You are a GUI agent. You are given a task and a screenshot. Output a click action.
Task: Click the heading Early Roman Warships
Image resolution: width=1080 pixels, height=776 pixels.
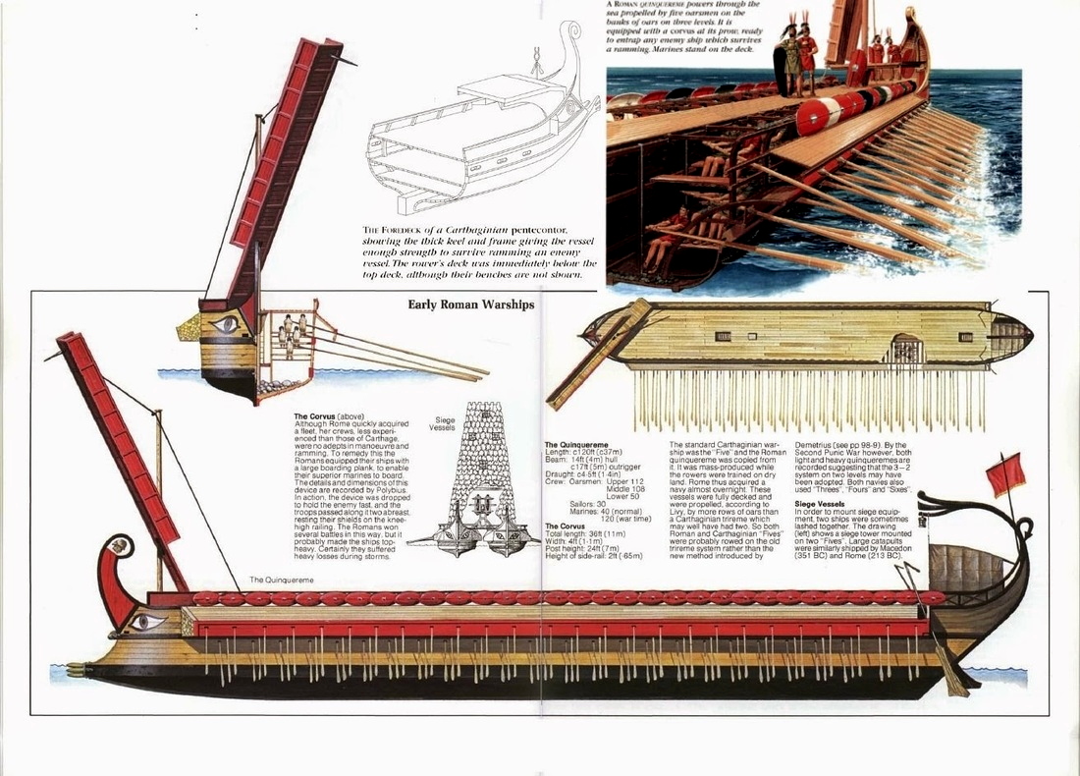coord(471,305)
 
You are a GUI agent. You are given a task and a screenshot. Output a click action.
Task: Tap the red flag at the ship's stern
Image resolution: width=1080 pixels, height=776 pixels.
coord(1005,475)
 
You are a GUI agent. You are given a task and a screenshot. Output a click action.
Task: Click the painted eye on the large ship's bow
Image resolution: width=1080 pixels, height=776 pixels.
coord(146,620)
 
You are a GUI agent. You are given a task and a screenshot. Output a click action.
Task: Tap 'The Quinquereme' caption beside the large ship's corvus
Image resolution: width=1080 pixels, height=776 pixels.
coord(282,581)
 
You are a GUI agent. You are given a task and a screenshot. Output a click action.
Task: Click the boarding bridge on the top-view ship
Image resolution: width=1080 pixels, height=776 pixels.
coord(599,354)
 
